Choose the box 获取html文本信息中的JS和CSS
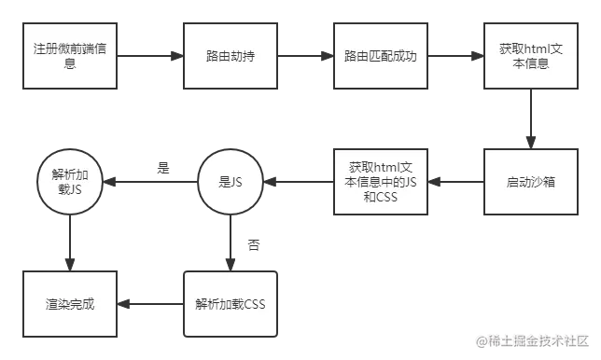379,182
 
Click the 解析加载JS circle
69,182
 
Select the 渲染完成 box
69,304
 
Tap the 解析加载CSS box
231,304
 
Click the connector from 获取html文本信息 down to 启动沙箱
529,116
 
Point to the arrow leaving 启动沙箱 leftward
454,182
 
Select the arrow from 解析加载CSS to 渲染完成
149,304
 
